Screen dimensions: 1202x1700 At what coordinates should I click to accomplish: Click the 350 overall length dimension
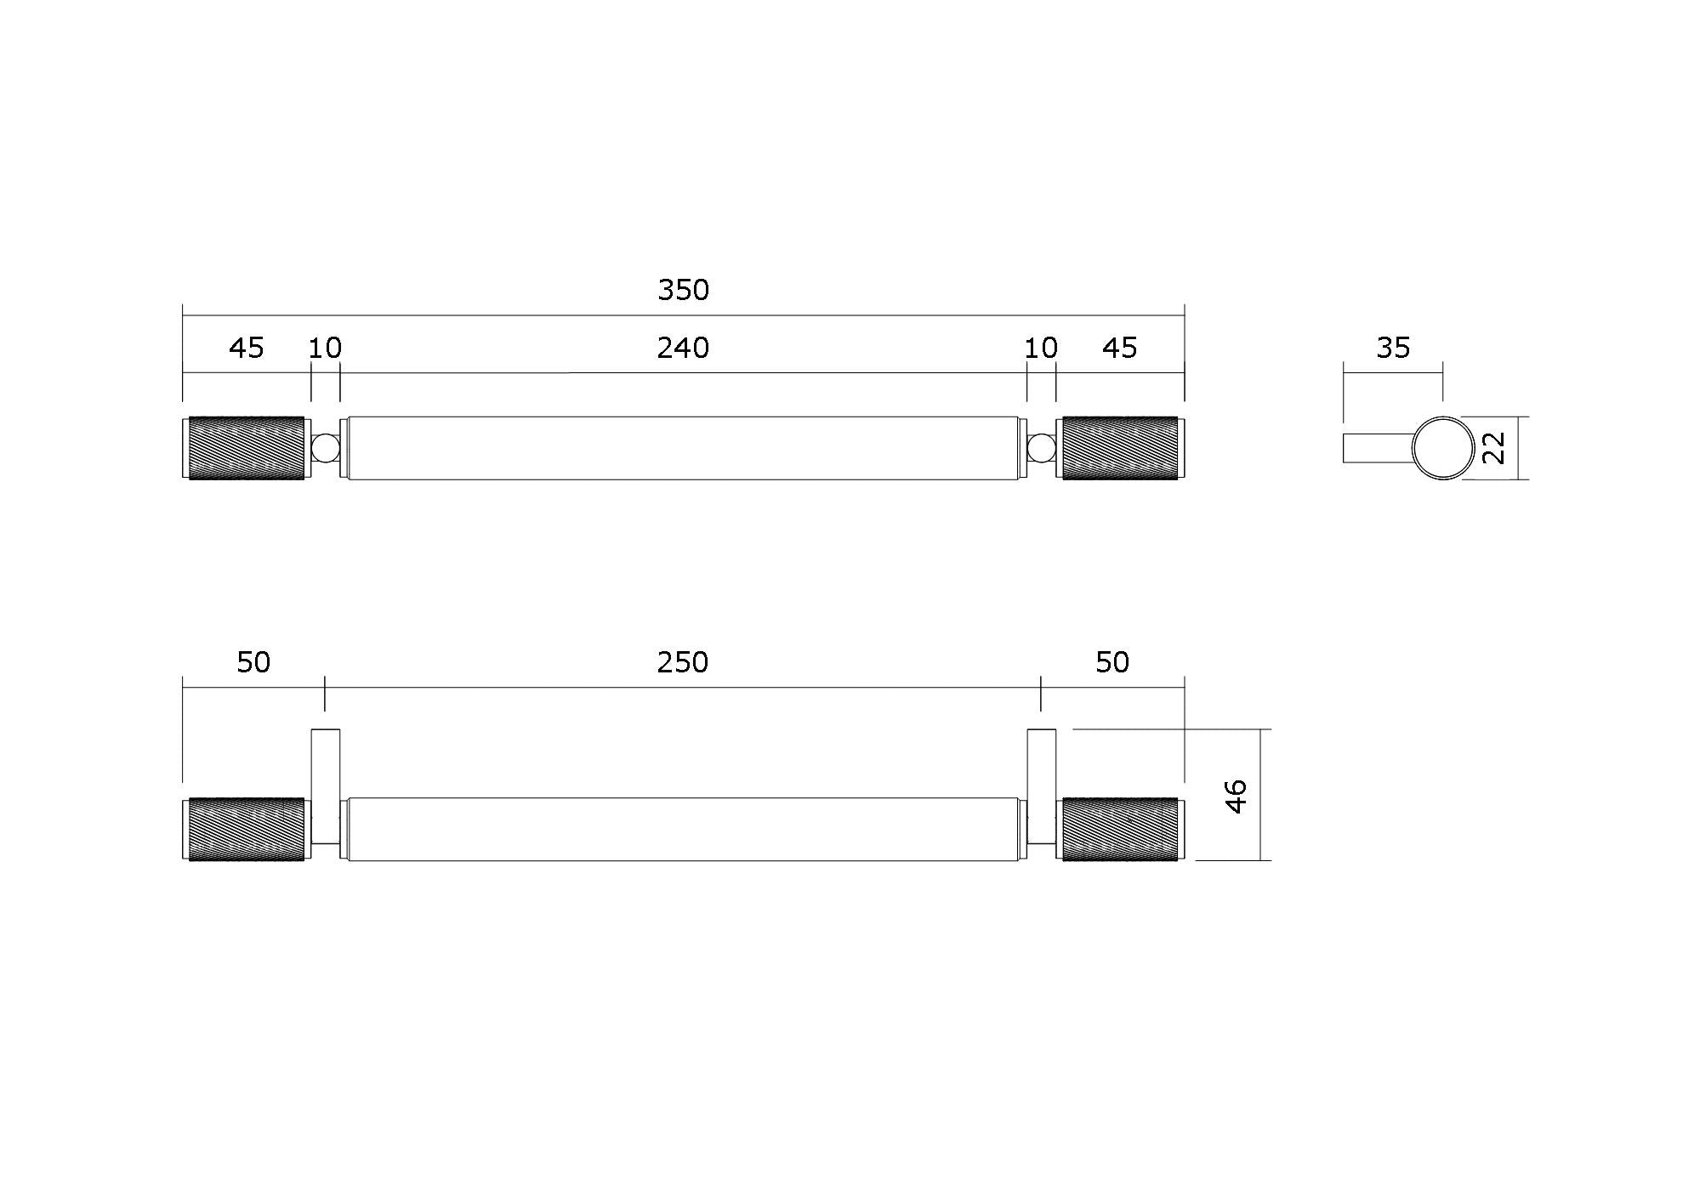click(x=683, y=291)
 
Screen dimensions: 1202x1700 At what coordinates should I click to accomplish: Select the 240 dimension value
click(x=683, y=348)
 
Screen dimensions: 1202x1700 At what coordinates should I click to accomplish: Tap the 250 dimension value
click(x=683, y=662)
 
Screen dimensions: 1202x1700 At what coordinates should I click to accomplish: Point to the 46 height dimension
click(x=1237, y=795)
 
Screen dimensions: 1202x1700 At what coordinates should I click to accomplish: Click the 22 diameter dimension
click(x=1494, y=448)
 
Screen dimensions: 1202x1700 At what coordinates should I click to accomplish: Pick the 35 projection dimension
click(x=1393, y=348)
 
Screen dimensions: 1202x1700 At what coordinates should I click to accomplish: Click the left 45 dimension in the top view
click(x=247, y=348)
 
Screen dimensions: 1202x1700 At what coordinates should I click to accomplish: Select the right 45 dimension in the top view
click(x=1119, y=348)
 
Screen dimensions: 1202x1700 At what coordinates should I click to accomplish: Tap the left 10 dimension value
click(x=325, y=348)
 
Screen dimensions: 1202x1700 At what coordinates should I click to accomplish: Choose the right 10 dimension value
click(x=1041, y=348)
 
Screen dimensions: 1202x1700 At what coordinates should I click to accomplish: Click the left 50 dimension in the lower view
click(x=253, y=662)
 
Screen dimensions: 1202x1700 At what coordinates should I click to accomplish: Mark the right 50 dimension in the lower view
click(x=1112, y=662)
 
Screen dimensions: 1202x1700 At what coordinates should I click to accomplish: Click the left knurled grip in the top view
click(x=245, y=448)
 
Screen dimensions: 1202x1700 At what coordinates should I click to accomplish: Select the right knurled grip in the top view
click(x=1119, y=448)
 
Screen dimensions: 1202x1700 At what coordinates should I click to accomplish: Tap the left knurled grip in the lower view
click(x=245, y=830)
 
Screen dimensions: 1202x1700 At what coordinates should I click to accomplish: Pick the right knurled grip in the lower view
click(x=1119, y=830)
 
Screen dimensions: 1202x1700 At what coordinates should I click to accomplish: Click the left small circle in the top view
click(x=325, y=448)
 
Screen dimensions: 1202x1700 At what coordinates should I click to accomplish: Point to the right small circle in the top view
click(x=1041, y=448)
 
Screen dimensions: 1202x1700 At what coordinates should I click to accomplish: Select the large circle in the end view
click(x=1443, y=448)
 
